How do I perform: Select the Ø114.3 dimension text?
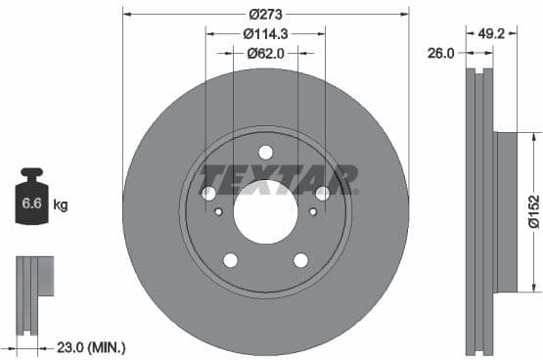(x=265, y=34)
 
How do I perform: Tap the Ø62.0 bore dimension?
(x=265, y=54)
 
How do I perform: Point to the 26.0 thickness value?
(x=441, y=54)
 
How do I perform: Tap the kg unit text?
(x=61, y=204)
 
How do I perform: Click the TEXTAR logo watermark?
(x=278, y=179)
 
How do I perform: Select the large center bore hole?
(x=265, y=211)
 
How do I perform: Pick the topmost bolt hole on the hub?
(x=265, y=152)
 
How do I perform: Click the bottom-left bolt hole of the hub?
(x=230, y=259)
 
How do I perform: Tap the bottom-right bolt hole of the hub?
(x=300, y=259)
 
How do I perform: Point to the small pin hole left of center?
(x=218, y=211)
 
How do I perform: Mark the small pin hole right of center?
(x=313, y=211)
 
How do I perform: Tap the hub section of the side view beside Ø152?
(x=506, y=211)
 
